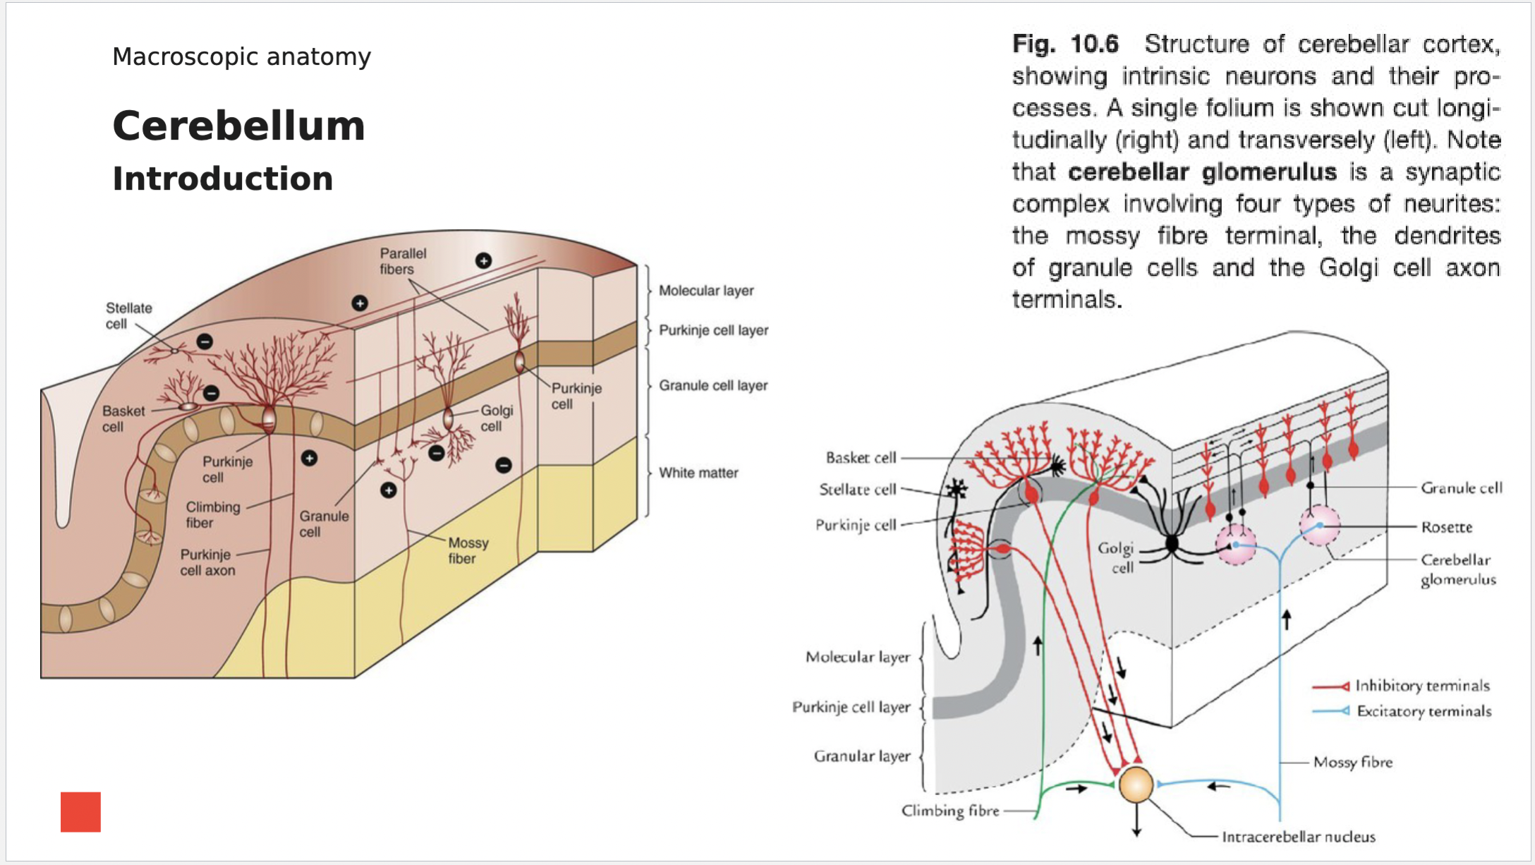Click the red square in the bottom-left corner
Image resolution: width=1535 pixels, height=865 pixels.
pos(80,811)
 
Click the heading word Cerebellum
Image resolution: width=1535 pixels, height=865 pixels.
pos(238,126)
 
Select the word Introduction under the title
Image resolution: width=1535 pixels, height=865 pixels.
pos(222,179)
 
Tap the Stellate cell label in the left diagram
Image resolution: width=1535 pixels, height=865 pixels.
pos(128,316)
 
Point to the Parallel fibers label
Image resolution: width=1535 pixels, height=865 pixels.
pos(403,261)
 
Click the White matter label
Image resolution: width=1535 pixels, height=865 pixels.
pos(698,473)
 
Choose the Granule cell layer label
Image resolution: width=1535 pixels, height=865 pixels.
pos(712,385)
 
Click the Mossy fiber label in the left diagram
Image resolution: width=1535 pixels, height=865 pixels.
pos(468,550)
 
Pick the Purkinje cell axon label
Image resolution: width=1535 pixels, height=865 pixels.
pos(207,562)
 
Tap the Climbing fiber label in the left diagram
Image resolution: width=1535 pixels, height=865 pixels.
pos(212,514)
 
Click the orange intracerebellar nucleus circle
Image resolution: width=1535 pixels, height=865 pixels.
pos(1136,785)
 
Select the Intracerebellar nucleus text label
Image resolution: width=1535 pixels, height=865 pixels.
pos(1298,837)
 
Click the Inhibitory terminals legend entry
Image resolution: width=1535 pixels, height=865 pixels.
pos(1421,686)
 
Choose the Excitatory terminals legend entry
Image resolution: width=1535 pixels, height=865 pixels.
pos(1424,711)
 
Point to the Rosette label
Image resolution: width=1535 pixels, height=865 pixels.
pos(1446,527)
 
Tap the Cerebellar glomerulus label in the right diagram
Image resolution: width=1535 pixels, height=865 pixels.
pos(1457,569)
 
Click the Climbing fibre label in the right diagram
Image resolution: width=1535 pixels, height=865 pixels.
pos(949,811)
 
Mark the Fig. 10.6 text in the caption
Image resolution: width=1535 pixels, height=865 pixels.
pos(1065,44)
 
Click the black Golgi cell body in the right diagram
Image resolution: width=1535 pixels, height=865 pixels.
pos(1172,543)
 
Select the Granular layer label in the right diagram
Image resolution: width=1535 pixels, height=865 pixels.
pos(861,756)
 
